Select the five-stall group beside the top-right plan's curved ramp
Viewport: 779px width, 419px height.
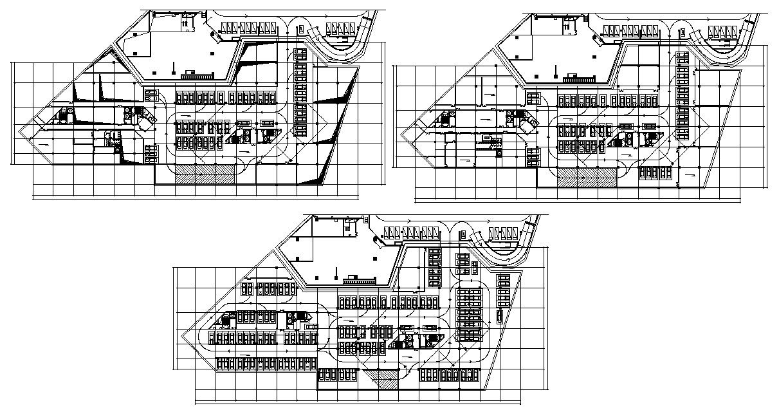point(720,31)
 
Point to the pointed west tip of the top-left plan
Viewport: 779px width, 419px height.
point(19,134)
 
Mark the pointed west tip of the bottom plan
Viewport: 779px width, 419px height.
point(183,336)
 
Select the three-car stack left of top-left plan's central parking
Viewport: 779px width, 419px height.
point(151,154)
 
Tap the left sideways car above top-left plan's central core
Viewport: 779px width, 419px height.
point(243,122)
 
